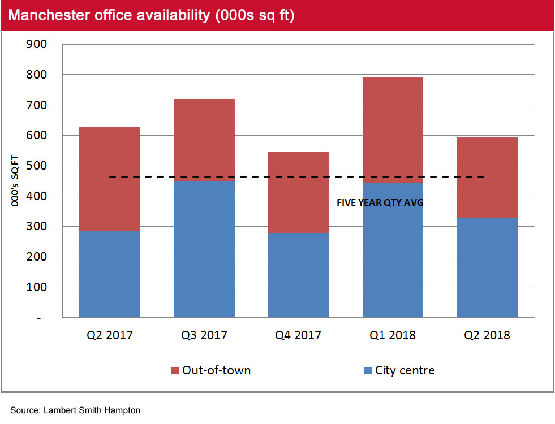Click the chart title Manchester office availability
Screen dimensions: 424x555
point(152,16)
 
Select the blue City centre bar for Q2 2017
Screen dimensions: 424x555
point(110,274)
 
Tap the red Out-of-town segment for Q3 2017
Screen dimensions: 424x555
point(204,140)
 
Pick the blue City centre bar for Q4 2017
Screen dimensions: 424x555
point(298,275)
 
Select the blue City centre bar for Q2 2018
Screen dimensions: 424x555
point(487,267)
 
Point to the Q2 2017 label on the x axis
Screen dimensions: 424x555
point(110,335)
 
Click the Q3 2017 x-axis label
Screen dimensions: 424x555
point(204,335)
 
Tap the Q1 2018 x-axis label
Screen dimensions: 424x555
point(393,335)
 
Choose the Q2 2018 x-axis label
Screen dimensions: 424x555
point(487,335)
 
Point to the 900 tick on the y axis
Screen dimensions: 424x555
point(37,45)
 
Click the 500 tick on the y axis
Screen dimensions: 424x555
point(37,166)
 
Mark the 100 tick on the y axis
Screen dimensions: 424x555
point(37,288)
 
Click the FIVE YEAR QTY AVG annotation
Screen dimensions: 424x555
point(380,202)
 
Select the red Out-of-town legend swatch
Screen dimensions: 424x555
point(175,371)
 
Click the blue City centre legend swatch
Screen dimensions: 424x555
point(366,371)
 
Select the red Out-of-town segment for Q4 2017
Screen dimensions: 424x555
point(298,192)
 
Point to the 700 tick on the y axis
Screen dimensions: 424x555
point(37,105)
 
